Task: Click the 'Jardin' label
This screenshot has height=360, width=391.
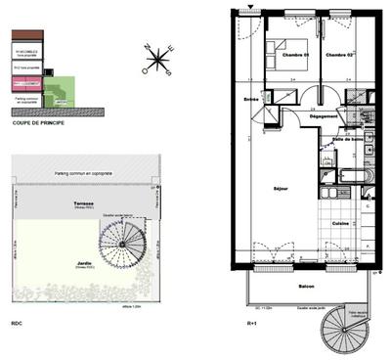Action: (x=84, y=263)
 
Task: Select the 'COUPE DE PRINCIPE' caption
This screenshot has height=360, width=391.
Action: (x=38, y=120)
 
